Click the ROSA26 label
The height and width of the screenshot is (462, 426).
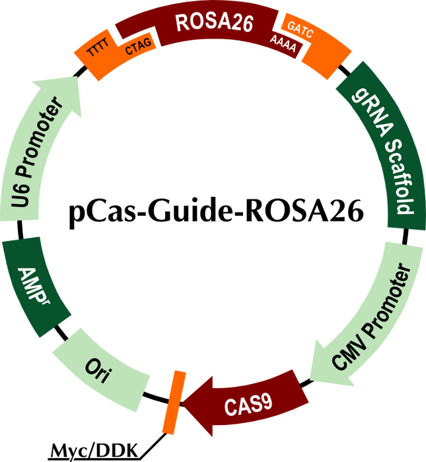pos(204,22)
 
